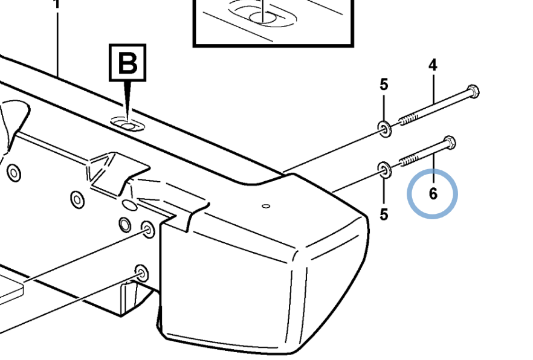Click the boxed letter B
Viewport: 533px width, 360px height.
point(127,62)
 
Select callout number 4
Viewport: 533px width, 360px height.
point(433,65)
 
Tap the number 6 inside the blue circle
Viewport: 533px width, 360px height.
point(433,194)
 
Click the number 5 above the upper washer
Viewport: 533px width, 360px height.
point(384,85)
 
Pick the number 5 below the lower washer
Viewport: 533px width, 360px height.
point(384,214)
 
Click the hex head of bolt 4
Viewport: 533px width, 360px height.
point(473,92)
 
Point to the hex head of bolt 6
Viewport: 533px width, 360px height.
point(450,143)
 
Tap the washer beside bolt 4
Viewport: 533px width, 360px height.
point(384,127)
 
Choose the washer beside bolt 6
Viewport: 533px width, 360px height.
point(384,169)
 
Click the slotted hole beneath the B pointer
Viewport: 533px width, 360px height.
point(128,125)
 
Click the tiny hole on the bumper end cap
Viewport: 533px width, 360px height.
point(265,207)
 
